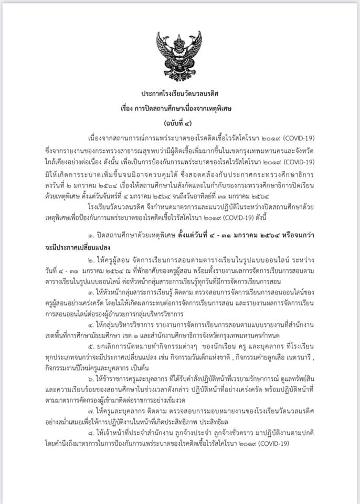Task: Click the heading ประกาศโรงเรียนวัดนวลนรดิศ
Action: (179, 92)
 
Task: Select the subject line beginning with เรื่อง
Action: (179, 109)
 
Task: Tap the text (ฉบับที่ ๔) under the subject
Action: (179, 124)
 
